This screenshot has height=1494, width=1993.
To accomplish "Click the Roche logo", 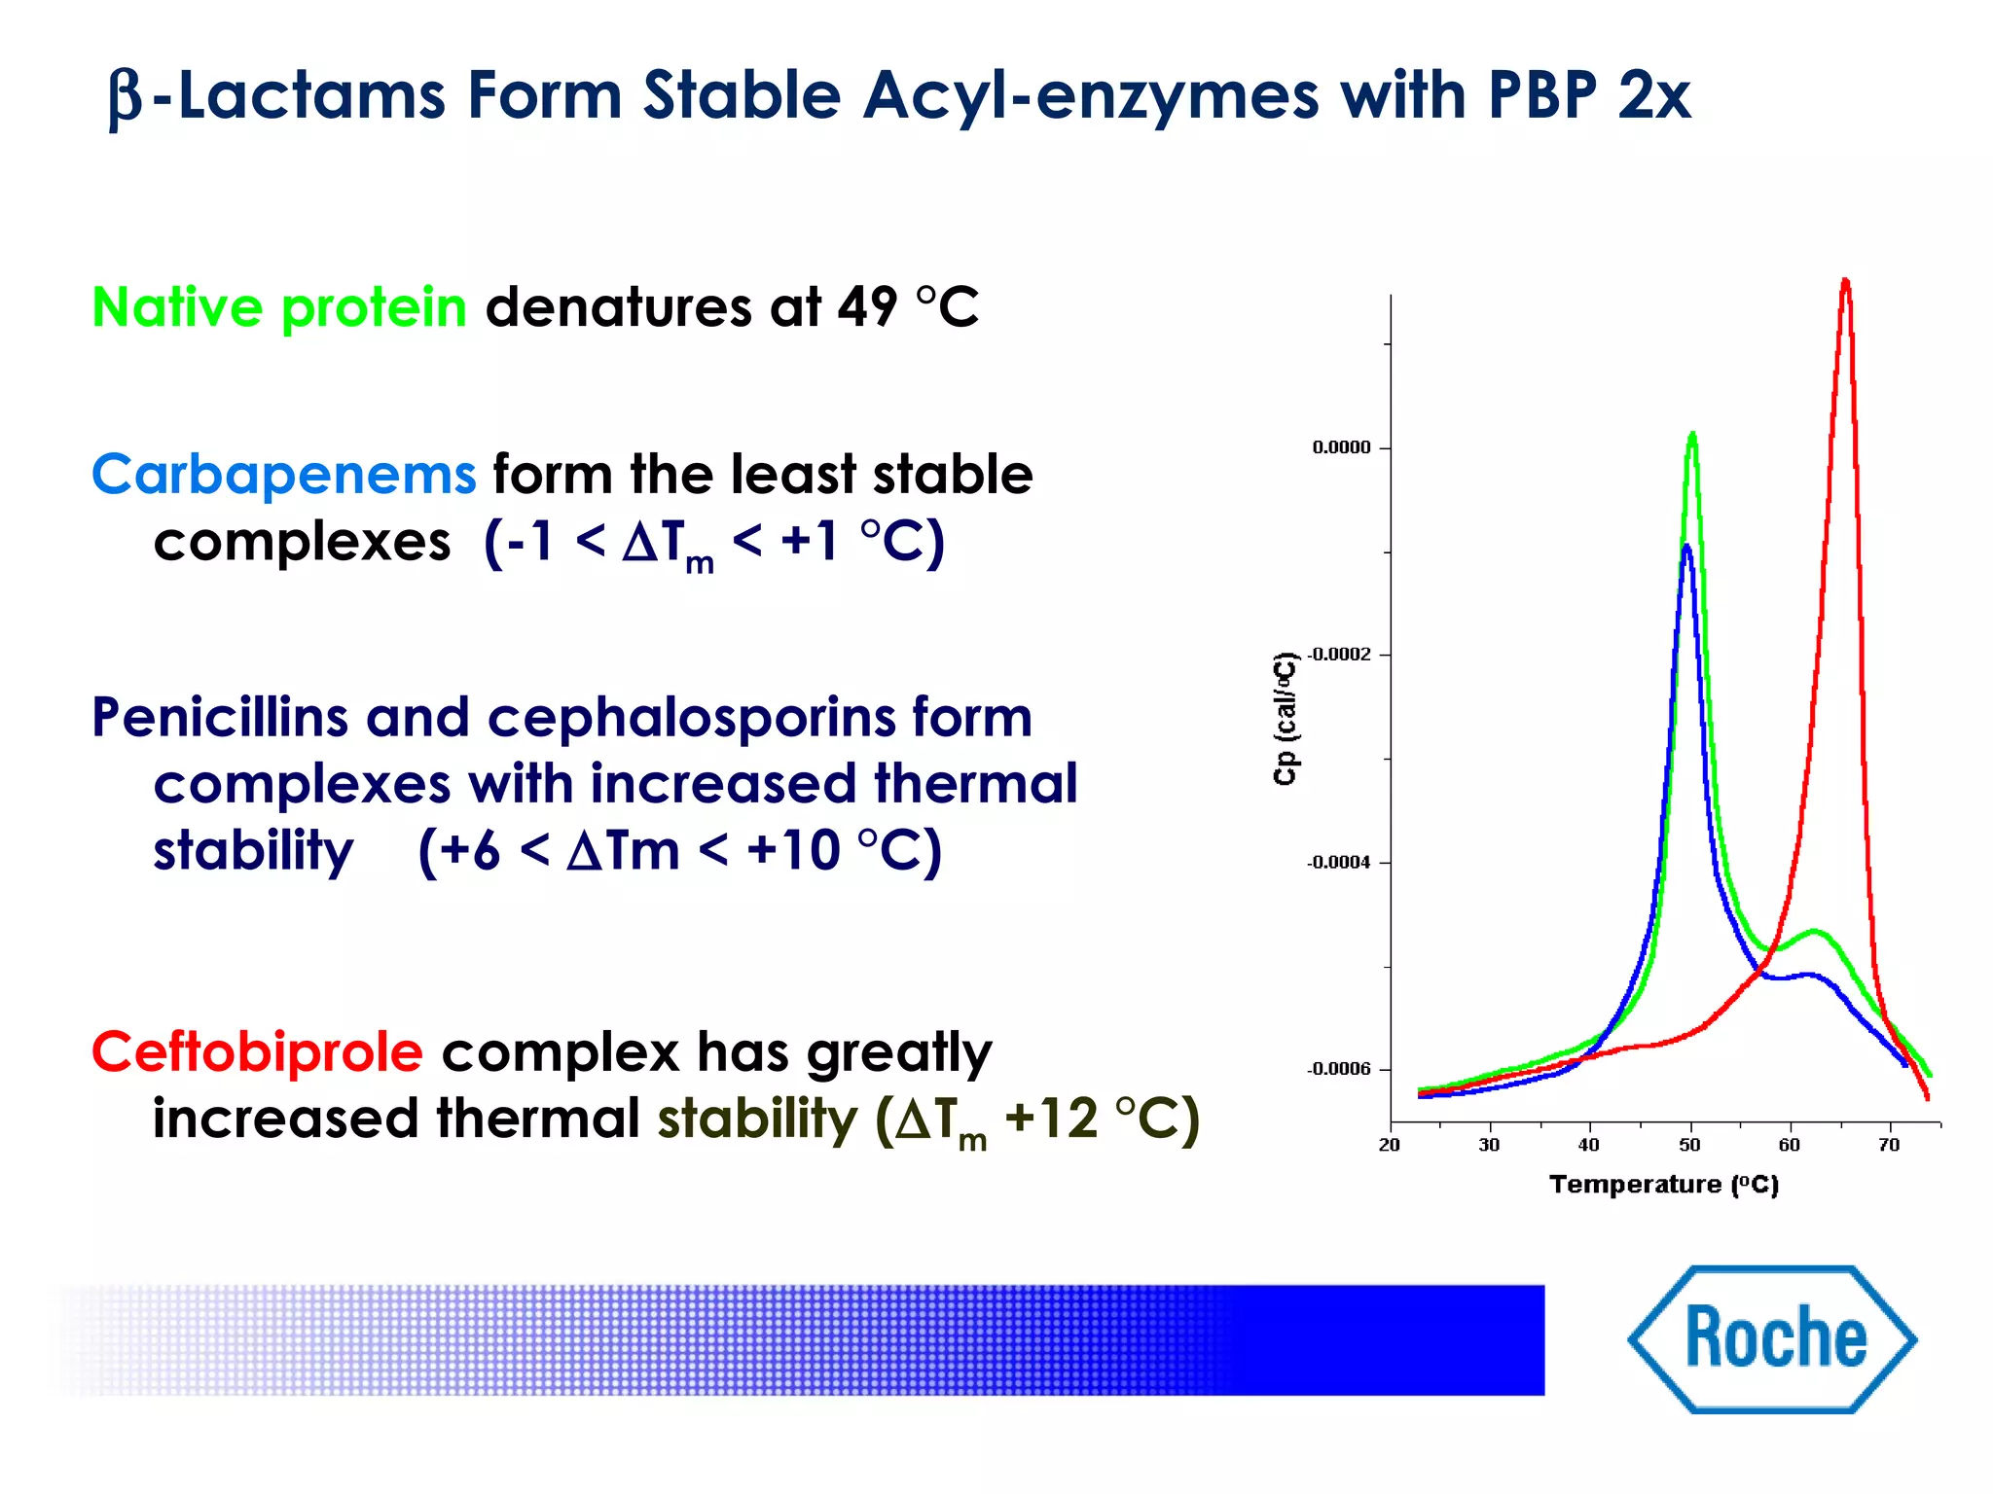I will (1773, 1339).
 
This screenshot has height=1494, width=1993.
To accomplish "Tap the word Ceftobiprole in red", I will (257, 1051).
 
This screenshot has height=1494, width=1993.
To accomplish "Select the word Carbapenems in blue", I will (283, 475).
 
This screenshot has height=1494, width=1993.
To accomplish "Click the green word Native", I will (177, 307).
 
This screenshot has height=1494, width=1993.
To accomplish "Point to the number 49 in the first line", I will (866, 307).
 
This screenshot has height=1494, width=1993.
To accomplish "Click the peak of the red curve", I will (1845, 281).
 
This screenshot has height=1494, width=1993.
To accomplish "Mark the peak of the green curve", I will (1693, 434).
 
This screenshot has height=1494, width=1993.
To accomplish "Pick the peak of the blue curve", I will (1686, 546).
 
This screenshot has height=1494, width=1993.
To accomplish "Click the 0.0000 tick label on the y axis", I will (1341, 447).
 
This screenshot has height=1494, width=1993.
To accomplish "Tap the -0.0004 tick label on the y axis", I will (1338, 863).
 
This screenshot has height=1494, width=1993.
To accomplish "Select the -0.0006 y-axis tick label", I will (1338, 1069).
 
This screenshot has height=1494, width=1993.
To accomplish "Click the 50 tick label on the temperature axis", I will (1689, 1145).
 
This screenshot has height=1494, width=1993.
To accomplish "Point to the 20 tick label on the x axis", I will (1390, 1145).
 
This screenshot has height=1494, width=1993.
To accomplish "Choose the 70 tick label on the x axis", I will (1889, 1145).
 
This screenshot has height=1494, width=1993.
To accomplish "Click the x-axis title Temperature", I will (1635, 1185).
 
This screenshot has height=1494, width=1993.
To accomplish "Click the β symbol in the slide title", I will (126, 98).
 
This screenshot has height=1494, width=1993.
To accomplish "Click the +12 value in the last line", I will (1051, 1119).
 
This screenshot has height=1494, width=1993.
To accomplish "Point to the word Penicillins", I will (219, 718).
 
